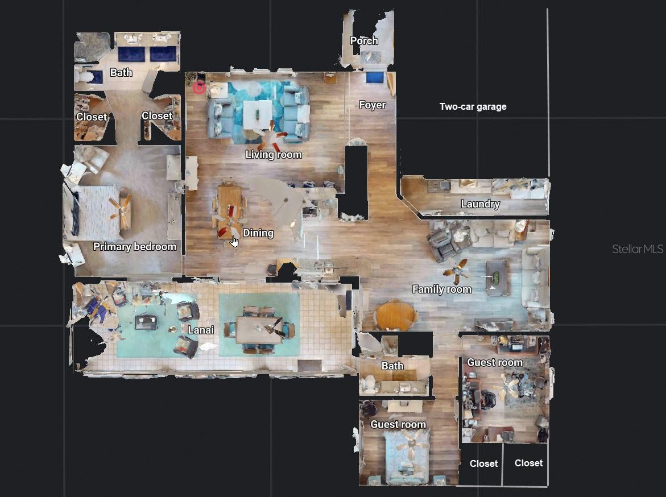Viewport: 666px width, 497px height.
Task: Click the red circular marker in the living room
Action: click(198, 88)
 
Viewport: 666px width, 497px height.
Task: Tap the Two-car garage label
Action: click(473, 106)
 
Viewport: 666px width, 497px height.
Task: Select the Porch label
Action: click(363, 41)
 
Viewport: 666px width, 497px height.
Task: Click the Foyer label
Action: click(372, 105)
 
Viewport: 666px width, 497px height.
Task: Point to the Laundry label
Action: click(480, 204)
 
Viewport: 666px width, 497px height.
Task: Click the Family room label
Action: click(441, 289)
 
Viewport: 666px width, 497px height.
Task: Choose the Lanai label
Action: click(201, 330)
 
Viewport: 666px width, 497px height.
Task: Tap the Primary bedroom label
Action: click(135, 247)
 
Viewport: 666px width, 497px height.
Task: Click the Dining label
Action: click(258, 233)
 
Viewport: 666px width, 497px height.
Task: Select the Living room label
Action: click(274, 155)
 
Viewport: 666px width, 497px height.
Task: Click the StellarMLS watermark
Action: click(637, 249)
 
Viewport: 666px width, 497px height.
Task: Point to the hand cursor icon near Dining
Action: click(234, 242)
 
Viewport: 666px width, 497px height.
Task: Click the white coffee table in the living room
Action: click(257, 114)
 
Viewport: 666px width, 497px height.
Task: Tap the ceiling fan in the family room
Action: click(456, 271)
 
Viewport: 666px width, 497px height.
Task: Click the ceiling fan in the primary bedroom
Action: click(121, 210)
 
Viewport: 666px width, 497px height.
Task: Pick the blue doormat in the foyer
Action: click(374, 77)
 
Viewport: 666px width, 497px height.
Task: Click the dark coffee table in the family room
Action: click(497, 277)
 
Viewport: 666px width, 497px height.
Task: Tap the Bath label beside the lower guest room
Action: click(392, 366)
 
